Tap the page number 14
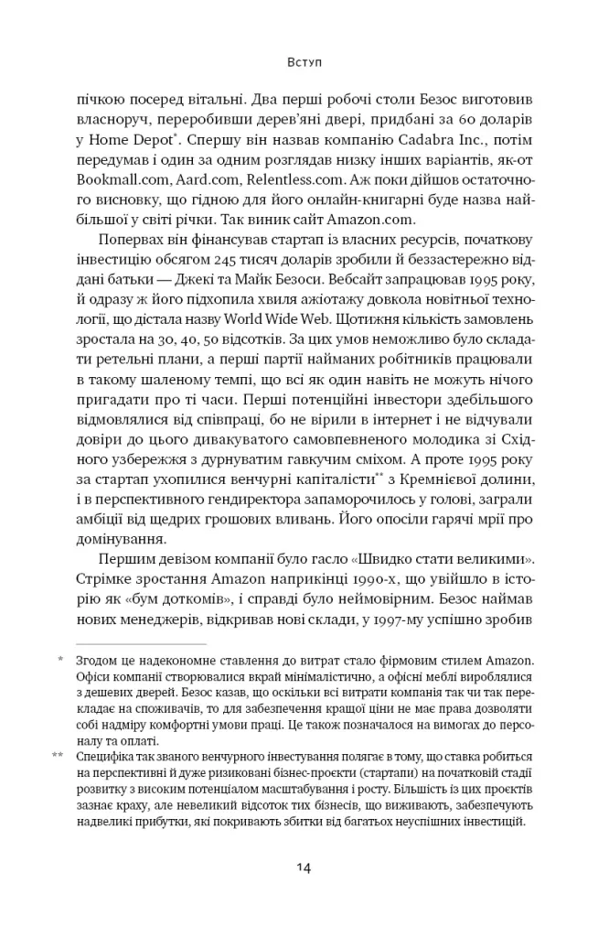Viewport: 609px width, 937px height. [x=304, y=867]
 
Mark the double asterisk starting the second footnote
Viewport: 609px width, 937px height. [x=58, y=755]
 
